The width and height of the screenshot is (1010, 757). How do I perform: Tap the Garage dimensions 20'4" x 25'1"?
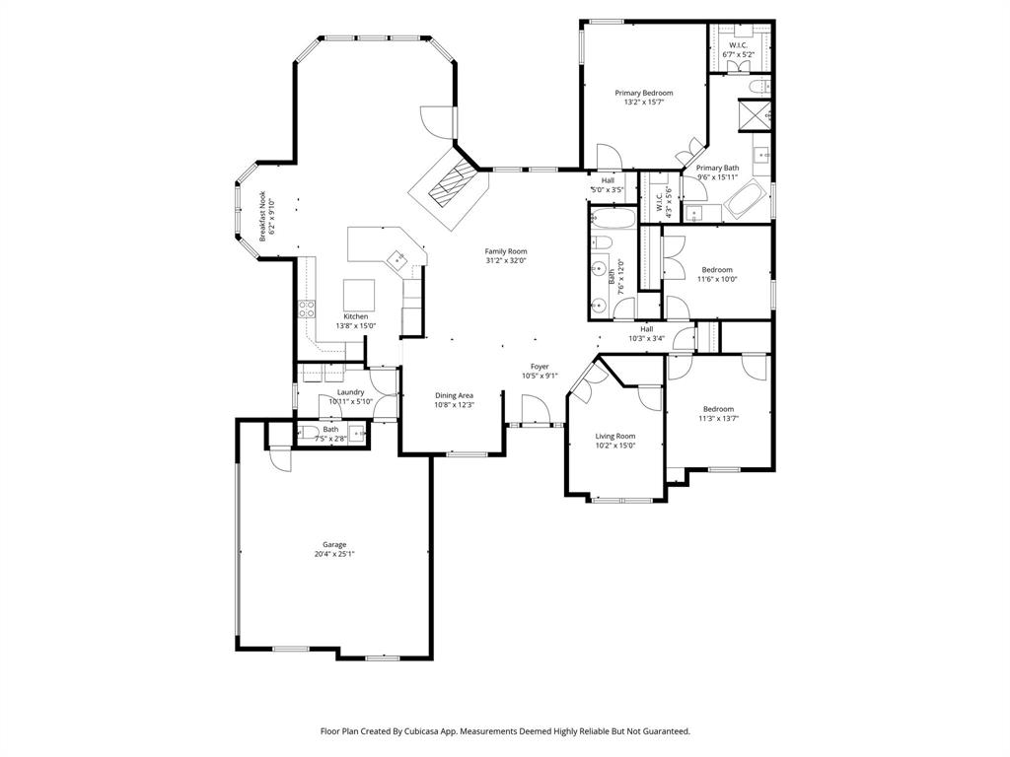pos(333,554)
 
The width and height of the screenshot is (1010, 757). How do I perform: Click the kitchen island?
pos(358,294)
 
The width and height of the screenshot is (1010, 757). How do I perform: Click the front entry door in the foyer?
pos(534,409)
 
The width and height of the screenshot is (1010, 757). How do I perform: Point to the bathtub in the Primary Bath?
pos(744,202)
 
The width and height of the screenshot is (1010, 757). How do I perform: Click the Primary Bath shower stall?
pos(757,115)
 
